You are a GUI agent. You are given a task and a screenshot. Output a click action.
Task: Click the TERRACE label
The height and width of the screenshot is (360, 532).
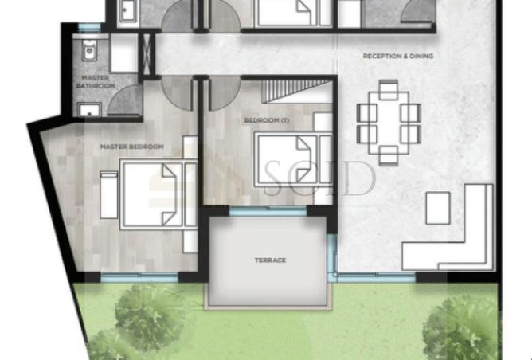point(270,260)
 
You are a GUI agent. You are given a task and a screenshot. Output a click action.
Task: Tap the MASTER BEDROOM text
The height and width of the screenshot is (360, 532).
point(131,147)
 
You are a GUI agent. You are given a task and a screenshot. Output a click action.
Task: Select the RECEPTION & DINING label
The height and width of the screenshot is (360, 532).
point(398,56)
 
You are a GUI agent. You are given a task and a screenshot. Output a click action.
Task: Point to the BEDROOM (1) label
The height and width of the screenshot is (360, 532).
point(267,120)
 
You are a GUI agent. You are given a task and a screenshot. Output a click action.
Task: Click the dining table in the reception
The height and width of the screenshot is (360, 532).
point(389,123)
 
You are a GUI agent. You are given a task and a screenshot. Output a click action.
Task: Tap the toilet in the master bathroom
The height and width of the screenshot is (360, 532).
point(89,50)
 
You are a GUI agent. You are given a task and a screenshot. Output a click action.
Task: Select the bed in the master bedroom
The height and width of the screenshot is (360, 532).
point(158,195)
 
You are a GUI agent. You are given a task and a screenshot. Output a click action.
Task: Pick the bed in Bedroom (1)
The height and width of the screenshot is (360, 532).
point(293,160)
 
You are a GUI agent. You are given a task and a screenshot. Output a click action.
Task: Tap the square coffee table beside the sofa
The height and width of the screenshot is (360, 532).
point(438,208)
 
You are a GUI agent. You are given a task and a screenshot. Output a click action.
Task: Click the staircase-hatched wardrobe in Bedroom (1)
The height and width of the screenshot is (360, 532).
point(296,92)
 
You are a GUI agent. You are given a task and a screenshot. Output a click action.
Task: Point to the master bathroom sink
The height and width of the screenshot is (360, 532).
point(89,110)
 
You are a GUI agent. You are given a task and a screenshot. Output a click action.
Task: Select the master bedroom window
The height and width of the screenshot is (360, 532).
point(139,278)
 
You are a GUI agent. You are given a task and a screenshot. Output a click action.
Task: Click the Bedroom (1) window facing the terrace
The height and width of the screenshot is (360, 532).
point(268,211)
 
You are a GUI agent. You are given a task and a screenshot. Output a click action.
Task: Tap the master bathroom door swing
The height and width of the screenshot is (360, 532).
point(124,100)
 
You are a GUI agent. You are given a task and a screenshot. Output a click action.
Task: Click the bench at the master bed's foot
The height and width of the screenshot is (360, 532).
point(109,195)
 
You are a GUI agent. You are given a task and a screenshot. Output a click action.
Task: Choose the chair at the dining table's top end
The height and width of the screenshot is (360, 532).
point(389,90)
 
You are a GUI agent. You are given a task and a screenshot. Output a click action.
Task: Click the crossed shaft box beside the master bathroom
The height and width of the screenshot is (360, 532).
point(147,54)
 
